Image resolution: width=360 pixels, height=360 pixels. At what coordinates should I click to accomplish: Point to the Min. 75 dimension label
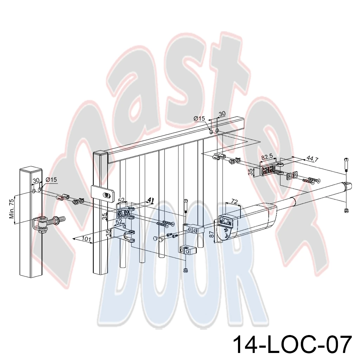(12, 208)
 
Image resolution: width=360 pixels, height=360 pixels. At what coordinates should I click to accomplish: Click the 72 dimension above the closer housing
(234, 202)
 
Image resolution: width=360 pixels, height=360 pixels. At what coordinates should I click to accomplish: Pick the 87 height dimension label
(211, 234)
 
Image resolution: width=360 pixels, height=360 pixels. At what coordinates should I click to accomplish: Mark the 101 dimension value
(86, 239)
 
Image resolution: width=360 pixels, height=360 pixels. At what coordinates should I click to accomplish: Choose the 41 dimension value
(150, 200)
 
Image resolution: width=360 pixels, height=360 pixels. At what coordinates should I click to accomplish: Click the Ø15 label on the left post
(51, 180)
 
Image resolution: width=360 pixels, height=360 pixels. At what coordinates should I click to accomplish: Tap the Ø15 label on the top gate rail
(199, 118)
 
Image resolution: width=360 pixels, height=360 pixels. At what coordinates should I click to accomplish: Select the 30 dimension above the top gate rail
(222, 114)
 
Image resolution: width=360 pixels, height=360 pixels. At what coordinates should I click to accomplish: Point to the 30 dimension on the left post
(36, 180)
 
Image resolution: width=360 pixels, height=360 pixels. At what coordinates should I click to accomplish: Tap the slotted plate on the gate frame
(103, 193)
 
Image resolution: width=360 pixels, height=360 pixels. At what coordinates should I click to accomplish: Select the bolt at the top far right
(346, 165)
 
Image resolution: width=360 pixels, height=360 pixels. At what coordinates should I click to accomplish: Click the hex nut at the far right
(346, 210)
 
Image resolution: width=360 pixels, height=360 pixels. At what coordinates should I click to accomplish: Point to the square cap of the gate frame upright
(100, 154)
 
